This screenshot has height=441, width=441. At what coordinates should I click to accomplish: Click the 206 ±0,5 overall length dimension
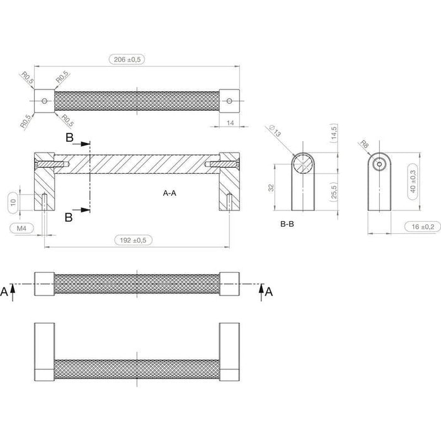point(127,59)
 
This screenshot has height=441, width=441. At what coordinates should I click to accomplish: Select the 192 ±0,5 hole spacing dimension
point(133,240)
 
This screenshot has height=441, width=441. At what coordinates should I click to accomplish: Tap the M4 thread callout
point(21,228)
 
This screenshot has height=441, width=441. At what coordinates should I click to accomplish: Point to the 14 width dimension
point(230,123)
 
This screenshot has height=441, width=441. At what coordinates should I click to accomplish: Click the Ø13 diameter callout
point(275,131)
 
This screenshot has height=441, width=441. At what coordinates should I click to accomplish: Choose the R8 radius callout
point(364,144)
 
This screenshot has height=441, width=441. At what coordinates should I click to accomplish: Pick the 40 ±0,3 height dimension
point(413,181)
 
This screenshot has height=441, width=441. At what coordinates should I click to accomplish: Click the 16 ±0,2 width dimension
point(423,227)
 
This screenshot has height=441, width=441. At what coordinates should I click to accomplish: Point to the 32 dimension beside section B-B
point(271,188)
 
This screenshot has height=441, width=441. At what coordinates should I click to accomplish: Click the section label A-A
point(169,193)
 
